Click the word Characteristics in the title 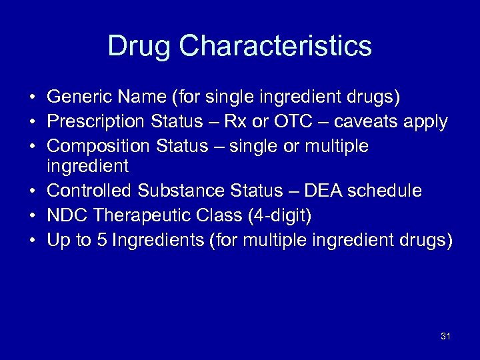(x=275, y=46)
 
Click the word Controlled (x=90, y=191)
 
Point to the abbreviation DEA (x=323, y=191)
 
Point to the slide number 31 (x=445, y=336)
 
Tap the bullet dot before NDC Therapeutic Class (x=32, y=215)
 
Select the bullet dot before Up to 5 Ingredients (x=32, y=239)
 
